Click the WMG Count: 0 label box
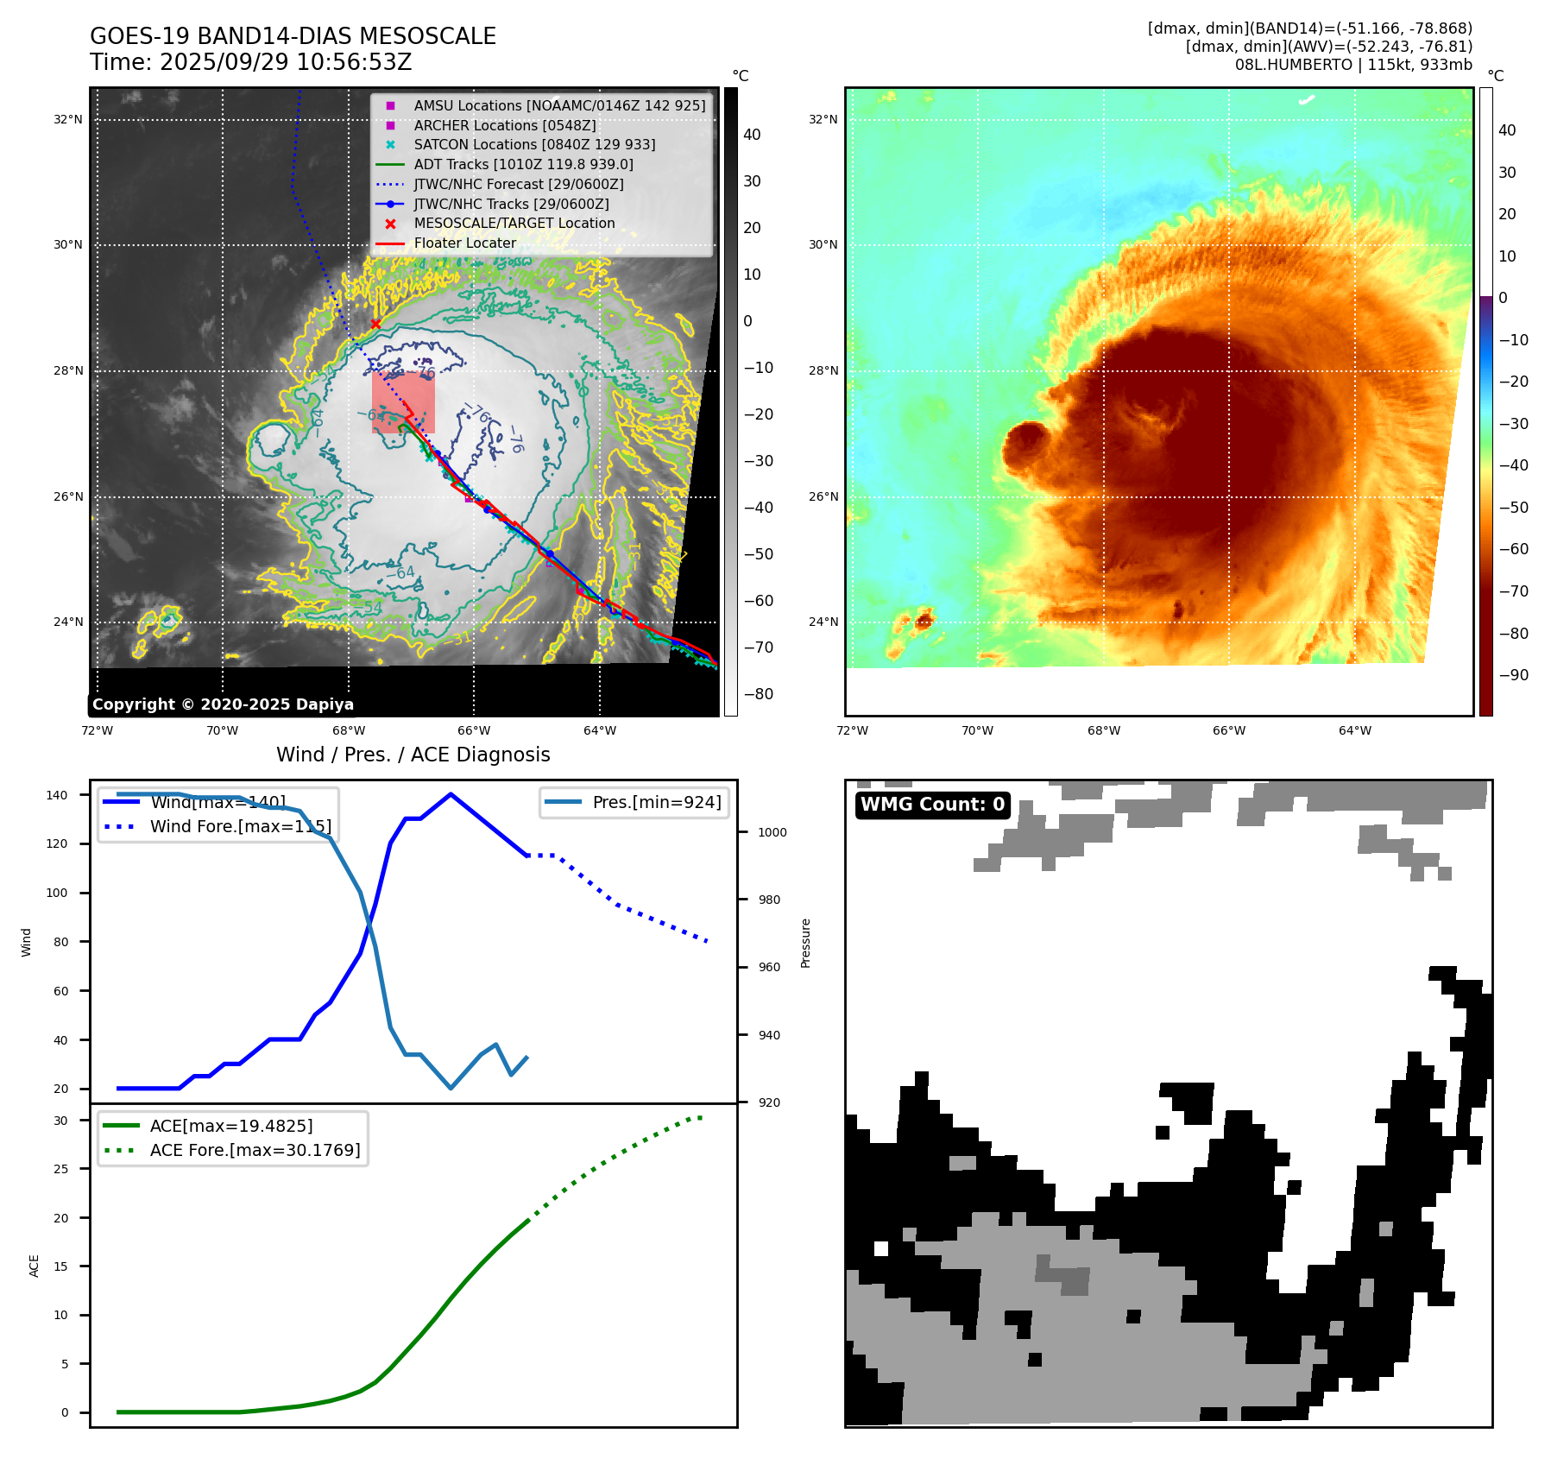[932, 805]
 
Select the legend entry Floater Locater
[464, 243]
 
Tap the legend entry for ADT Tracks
[523, 164]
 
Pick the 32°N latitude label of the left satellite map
[68, 120]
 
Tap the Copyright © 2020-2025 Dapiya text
[223, 704]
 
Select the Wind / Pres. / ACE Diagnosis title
[413, 755]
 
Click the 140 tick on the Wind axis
[57, 795]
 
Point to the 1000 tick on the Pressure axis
[772, 832]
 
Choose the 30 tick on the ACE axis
[60, 1121]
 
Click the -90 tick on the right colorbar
[1513, 675]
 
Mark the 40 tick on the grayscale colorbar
[752, 135]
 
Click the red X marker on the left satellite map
[375, 325]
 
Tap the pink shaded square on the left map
[403, 402]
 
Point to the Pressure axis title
[805, 943]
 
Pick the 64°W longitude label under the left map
[600, 730]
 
